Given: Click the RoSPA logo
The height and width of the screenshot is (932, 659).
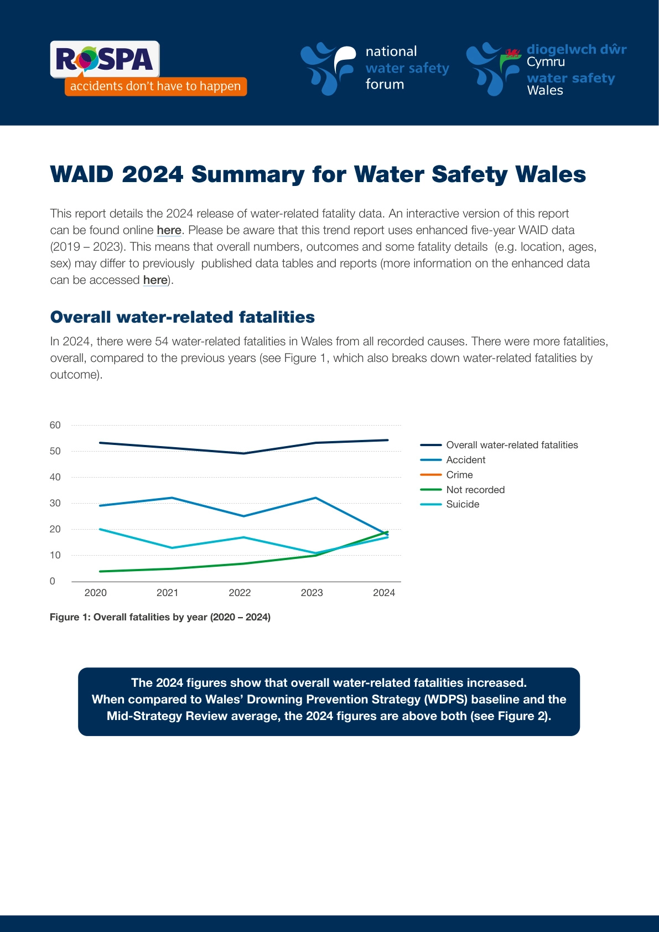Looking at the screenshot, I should coord(105,59).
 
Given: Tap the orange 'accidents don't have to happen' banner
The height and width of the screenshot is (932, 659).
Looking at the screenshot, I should coord(155,86).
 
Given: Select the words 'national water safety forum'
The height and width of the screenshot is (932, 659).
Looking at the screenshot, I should coord(407,68).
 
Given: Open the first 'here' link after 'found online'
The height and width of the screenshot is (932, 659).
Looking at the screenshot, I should coord(169,230).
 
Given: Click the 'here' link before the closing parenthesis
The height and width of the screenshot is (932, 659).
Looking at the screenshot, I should coord(155,280).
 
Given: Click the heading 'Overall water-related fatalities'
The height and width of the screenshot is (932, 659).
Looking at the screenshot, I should coord(182,317).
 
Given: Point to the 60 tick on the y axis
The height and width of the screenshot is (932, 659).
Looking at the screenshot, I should coord(55,425).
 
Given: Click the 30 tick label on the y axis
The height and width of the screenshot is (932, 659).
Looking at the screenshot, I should coord(55,503).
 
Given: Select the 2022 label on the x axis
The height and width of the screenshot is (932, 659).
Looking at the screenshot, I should coord(240,593).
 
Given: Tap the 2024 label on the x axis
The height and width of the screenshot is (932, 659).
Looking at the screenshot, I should coord(384,593).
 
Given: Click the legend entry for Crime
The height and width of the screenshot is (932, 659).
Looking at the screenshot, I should coord(459,475).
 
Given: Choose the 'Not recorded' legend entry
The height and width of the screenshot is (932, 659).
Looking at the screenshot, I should coord(475,490).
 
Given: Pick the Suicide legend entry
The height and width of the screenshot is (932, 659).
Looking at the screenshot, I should coord(463,504).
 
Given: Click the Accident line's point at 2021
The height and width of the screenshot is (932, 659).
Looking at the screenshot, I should coord(172,498).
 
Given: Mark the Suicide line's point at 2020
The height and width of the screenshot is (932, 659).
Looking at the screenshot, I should coord(100,529).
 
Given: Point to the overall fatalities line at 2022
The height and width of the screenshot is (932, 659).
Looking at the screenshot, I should coord(244,453).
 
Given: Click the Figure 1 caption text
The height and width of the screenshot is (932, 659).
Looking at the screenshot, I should coord(160,617).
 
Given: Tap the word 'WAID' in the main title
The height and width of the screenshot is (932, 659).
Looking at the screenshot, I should coord(81,174).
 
